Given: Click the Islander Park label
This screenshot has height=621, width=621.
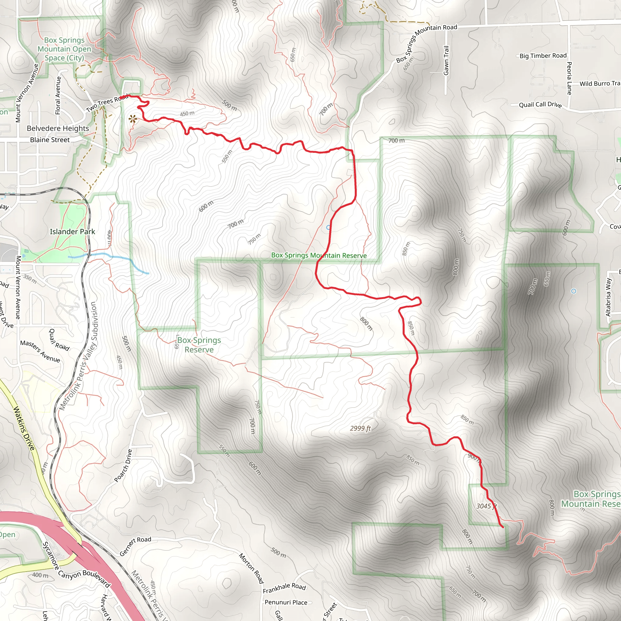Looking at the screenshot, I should pyautogui.click(x=72, y=231).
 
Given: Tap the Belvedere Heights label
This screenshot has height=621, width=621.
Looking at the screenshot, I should pyautogui.click(x=58, y=128).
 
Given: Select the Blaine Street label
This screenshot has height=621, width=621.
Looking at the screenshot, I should pyautogui.click(x=50, y=140).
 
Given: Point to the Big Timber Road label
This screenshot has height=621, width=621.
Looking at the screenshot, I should pyautogui.click(x=543, y=55).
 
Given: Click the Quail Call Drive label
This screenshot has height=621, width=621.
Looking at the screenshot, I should pyautogui.click(x=540, y=105).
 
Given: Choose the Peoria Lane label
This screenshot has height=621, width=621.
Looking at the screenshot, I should pyautogui.click(x=569, y=78).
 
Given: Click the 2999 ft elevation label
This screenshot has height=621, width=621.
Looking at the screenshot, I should pyautogui.click(x=360, y=428).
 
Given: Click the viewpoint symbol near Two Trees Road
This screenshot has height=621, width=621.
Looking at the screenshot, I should pyautogui.click(x=133, y=119).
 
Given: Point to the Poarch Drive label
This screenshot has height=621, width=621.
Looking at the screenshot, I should pyautogui.click(x=123, y=465).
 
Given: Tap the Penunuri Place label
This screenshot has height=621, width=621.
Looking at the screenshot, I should pyautogui.click(x=286, y=603).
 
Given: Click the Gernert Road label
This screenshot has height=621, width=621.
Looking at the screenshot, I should pyautogui.click(x=135, y=546).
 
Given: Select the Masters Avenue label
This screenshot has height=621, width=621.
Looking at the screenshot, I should pyautogui.click(x=40, y=351).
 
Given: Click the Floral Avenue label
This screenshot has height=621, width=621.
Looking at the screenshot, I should pyautogui.click(x=58, y=96).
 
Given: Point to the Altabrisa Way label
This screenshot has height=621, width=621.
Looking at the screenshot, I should pyautogui.click(x=608, y=297).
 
